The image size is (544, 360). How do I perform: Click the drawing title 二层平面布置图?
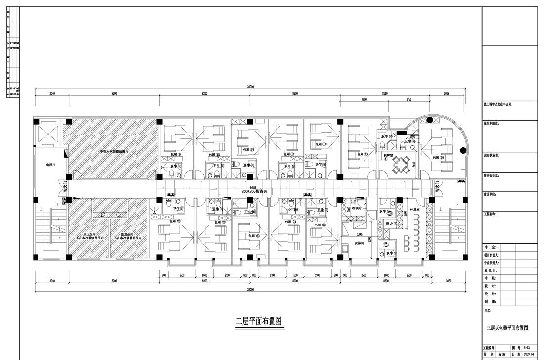(x=259, y=321)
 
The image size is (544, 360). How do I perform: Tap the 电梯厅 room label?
(x=51, y=165)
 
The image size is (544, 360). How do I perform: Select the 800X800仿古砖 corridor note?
(x=254, y=191)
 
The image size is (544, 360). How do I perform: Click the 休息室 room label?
(x=414, y=201)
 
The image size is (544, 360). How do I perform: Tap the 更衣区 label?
(x=391, y=224)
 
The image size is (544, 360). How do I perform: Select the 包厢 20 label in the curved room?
(x=438, y=157)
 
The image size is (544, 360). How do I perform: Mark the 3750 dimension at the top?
(x=408, y=99)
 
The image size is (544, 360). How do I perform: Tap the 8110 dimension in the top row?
(x=385, y=93)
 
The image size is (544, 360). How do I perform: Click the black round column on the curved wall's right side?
(x=463, y=150)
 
